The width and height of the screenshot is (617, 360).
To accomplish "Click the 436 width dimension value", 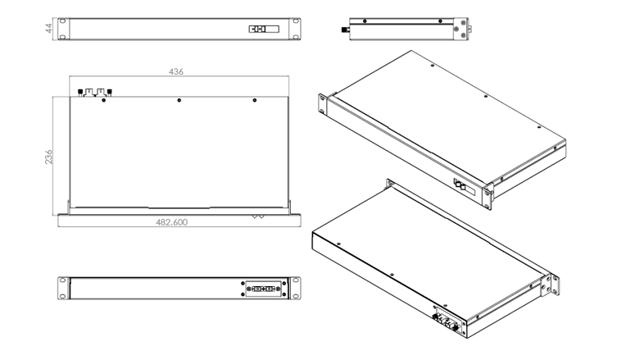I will pos(175,71).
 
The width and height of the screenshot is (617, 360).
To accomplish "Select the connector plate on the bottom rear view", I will pos(263,289).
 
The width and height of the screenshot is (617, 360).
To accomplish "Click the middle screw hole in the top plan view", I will pos(179,100).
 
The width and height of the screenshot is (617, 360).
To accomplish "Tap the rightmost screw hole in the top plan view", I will pos(255,100).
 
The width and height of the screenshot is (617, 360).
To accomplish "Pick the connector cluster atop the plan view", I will pos(94,92).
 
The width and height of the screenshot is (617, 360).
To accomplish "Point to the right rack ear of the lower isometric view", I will pos(554,282).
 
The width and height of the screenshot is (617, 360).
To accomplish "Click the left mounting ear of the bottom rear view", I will pos(63,289).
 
